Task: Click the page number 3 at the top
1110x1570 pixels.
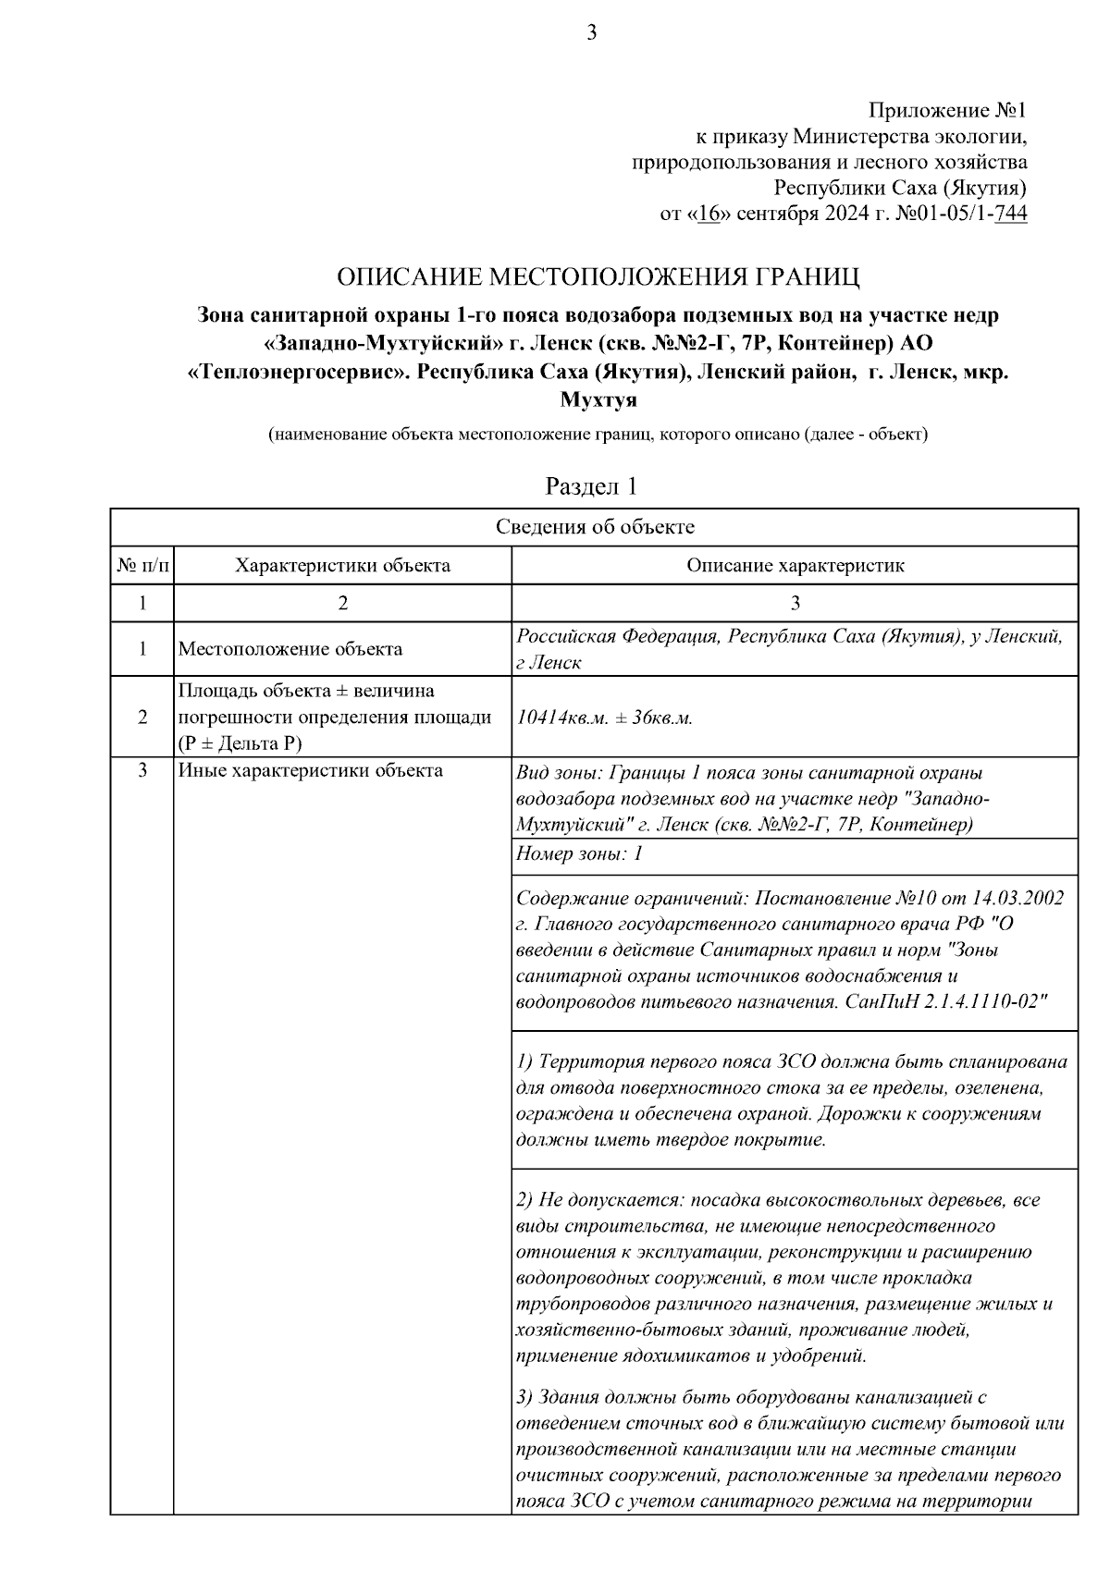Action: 591,34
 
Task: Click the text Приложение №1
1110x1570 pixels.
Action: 947,111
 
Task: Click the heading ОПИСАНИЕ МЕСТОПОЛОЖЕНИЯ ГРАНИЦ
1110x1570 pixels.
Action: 598,276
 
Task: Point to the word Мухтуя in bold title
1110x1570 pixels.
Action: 598,401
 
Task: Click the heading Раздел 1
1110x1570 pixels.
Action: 591,486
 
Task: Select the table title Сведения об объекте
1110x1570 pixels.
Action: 595,527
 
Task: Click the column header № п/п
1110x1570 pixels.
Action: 142,565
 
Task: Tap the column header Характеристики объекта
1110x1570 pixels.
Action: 342,565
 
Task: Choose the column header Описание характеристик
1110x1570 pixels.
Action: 795,565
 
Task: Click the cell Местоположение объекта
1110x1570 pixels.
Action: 290,649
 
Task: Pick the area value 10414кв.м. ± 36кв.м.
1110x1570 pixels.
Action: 605,718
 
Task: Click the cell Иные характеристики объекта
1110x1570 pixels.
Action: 310,770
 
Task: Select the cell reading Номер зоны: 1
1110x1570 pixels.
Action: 579,854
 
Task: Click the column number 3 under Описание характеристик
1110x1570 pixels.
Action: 795,603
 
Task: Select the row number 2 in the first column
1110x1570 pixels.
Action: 142,717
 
